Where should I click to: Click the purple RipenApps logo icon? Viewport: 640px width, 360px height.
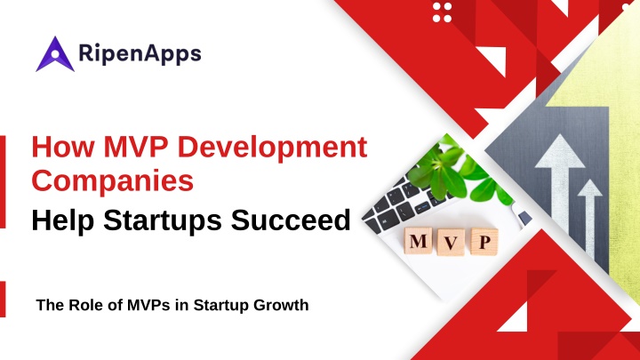click(x=55, y=54)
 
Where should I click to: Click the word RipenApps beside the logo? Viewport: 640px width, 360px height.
click(x=140, y=53)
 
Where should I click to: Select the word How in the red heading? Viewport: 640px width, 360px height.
click(x=63, y=147)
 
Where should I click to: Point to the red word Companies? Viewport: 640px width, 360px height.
click(x=113, y=180)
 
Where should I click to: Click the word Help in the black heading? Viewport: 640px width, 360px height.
click(x=63, y=221)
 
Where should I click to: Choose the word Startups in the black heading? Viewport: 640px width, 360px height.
click(x=163, y=221)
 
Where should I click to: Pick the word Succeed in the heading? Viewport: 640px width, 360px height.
click(x=291, y=220)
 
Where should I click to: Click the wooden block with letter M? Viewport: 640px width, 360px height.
click(x=418, y=241)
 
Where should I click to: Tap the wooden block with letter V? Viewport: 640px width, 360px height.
click(x=451, y=242)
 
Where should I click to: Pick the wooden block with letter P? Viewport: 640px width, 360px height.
click(x=484, y=242)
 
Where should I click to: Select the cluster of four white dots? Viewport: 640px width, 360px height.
click(x=442, y=12)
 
